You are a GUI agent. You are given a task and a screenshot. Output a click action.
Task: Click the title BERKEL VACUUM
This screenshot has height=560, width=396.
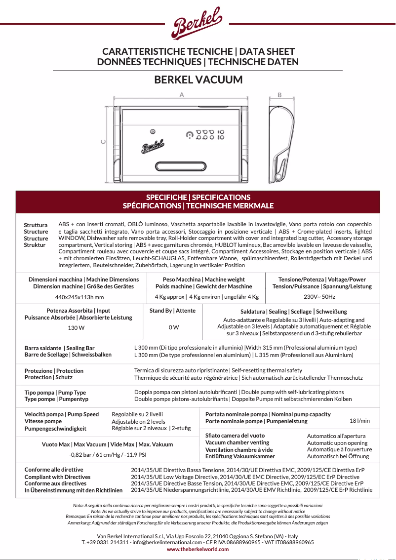click(x=198, y=80)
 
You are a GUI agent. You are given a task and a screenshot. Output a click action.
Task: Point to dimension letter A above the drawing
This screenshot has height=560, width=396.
click(x=182, y=94)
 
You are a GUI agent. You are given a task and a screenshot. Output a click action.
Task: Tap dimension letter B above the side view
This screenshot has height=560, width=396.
click(x=280, y=95)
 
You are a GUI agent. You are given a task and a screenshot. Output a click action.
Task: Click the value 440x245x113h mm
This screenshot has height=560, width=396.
click(x=79, y=297)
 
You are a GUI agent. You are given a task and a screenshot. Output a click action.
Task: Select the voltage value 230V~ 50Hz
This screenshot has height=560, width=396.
click(x=319, y=297)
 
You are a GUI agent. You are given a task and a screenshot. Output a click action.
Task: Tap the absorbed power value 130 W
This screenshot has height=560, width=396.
click(x=76, y=327)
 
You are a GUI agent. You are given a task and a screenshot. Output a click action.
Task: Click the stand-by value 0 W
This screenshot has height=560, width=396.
click(x=173, y=327)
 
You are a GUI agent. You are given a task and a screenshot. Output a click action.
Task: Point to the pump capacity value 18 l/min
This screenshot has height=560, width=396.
click(x=359, y=421)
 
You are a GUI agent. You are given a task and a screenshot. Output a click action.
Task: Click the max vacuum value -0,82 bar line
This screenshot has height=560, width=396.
click(x=107, y=454)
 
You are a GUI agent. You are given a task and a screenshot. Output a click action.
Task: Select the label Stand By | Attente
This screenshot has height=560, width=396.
click(x=172, y=311)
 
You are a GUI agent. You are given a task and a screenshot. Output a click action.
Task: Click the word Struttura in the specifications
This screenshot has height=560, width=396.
click(x=36, y=225)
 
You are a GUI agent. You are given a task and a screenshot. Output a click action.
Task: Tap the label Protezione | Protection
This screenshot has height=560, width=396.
click(x=54, y=371)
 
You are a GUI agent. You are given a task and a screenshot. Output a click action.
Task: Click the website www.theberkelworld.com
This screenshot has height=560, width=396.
click(x=198, y=549)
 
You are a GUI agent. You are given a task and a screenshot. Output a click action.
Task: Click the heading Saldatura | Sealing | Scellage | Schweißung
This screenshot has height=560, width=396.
click(x=293, y=312)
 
